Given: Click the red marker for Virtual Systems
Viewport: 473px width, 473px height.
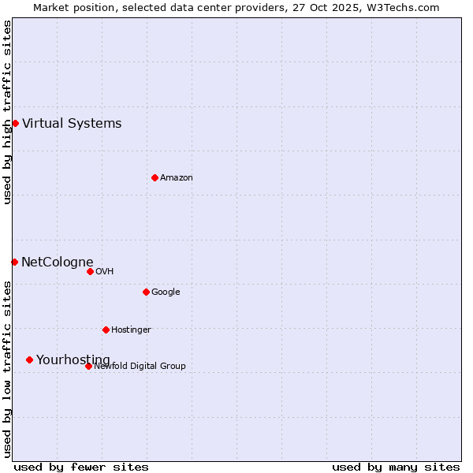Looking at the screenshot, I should pyautogui.click(x=15, y=123).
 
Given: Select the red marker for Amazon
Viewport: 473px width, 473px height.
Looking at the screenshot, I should pyautogui.click(x=155, y=177).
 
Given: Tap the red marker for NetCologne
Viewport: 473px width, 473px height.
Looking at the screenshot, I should pyautogui.click(x=14, y=262).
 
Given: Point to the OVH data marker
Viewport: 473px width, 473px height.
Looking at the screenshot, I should pyautogui.click(x=90, y=271).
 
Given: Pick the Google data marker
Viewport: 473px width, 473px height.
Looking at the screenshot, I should pyautogui.click(x=146, y=292).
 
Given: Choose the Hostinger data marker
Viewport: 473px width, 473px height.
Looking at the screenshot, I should pyautogui.click(x=106, y=330).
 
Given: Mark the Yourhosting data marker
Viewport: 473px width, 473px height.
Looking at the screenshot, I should pyautogui.click(x=29, y=359).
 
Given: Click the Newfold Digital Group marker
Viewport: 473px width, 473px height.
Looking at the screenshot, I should pyautogui.click(x=88, y=366).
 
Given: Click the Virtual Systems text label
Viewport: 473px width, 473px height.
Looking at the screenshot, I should pyautogui.click(x=72, y=123).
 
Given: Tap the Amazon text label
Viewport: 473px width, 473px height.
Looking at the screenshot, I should pyautogui.click(x=177, y=177).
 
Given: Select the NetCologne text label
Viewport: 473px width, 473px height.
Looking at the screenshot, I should pyautogui.click(x=58, y=262).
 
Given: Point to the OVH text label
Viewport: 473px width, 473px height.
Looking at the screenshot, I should pyautogui.click(x=105, y=271).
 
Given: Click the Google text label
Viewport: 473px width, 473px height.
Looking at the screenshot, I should pyautogui.click(x=166, y=292).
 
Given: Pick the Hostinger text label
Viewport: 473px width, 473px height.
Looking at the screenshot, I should pyautogui.click(x=131, y=330).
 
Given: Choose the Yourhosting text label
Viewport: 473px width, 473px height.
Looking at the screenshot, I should pyautogui.click(x=73, y=359).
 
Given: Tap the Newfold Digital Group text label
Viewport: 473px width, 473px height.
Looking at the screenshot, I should pyautogui.click(x=140, y=366).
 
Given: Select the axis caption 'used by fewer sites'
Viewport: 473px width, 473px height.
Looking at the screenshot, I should pyautogui.click(x=81, y=467).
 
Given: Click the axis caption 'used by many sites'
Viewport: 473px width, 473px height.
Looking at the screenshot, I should pyautogui.click(x=396, y=467).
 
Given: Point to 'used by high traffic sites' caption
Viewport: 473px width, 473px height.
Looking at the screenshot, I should pyautogui.click(x=7, y=112).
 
